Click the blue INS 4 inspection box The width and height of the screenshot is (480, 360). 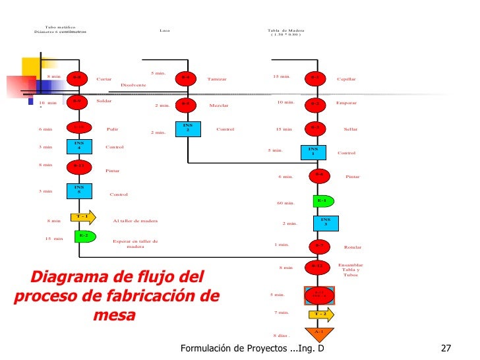coord(78,145)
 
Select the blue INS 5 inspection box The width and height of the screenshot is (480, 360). coord(78,191)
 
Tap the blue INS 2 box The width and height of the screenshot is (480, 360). coord(188,128)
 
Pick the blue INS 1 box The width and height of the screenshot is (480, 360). coord(313,152)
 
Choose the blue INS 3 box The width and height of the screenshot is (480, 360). coord(325,222)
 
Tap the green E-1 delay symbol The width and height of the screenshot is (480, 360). coord(322,200)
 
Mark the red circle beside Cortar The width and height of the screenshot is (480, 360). coord(77,78)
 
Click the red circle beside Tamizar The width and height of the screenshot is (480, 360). coord(187,78)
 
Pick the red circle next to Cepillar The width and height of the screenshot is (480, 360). coord(316,78)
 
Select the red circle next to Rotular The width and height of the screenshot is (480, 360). coord(318,246)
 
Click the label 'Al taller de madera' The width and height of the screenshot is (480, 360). coord(135,221)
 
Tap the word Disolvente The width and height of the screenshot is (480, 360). coord(133,86)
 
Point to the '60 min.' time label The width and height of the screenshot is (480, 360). coord(285,203)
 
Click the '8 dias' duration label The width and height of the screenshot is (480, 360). coord(282,336)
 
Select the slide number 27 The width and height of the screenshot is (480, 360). coord(446,348)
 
